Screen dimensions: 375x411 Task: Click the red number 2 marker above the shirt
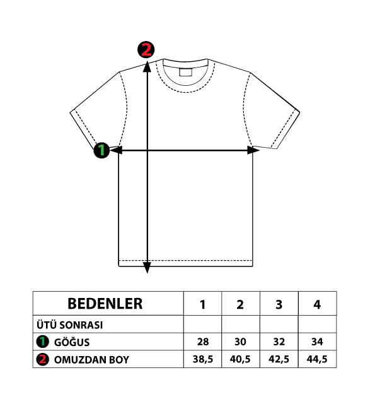(x=146, y=49)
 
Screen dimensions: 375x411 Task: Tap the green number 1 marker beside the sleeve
(x=101, y=150)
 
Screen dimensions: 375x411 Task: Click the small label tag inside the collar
(x=185, y=72)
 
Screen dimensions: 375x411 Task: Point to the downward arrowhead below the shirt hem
(x=147, y=268)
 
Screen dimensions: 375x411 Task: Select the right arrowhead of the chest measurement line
(x=253, y=150)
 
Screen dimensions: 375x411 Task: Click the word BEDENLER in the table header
(x=105, y=304)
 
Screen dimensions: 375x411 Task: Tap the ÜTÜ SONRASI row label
(x=69, y=325)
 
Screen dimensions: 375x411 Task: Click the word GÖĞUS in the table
(x=72, y=342)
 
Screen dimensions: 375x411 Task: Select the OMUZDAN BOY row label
(x=91, y=360)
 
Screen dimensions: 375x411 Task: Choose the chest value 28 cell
(x=203, y=342)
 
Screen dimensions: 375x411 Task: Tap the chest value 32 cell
(x=279, y=342)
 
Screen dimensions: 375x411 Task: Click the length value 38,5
(x=203, y=359)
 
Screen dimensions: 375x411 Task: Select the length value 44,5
(x=317, y=359)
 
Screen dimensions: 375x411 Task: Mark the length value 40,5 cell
(x=240, y=359)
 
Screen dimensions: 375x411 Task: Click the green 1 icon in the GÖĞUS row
(x=43, y=342)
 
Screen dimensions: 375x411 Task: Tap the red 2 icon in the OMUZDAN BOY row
(x=43, y=359)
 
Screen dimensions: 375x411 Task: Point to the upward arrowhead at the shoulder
(x=147, y=66)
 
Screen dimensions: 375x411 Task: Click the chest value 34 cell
(x=317, y=342)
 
